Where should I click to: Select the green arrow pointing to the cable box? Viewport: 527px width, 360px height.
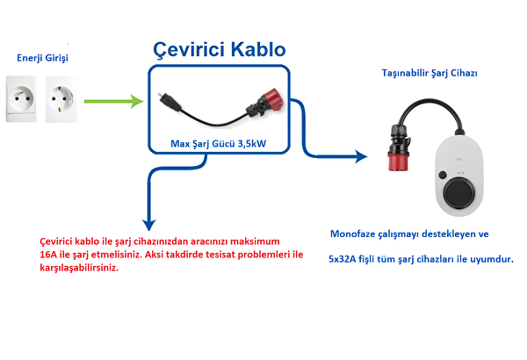114,102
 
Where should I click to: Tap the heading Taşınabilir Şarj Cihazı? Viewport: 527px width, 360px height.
430,73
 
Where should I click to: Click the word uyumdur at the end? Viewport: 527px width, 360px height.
492,261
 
